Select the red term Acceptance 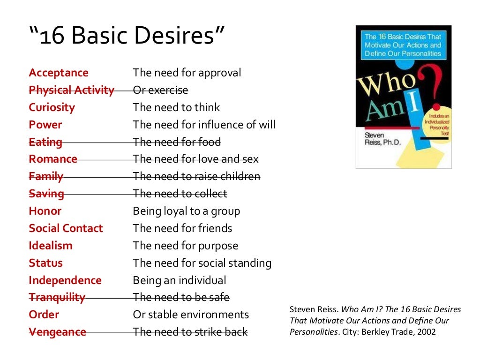[x=59, y=73]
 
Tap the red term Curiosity [x=52, y=107]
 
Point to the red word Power [x=45, y=125]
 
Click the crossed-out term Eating [x=45, y=142]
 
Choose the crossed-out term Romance [x=52, y=159]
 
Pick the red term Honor [x=45, y=211]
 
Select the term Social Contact [x=66, y=228]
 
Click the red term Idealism [x=51, y=246]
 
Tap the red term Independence [x=65, y=280]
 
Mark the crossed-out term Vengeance [x=57, y=332]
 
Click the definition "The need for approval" [x=187, y=73]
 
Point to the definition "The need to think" [x=176, y=107]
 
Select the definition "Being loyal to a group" [x=186, y=211]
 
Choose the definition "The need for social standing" [x=202, y=263]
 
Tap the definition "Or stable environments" [x=191, y=315]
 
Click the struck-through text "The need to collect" [x=180, y=194]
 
